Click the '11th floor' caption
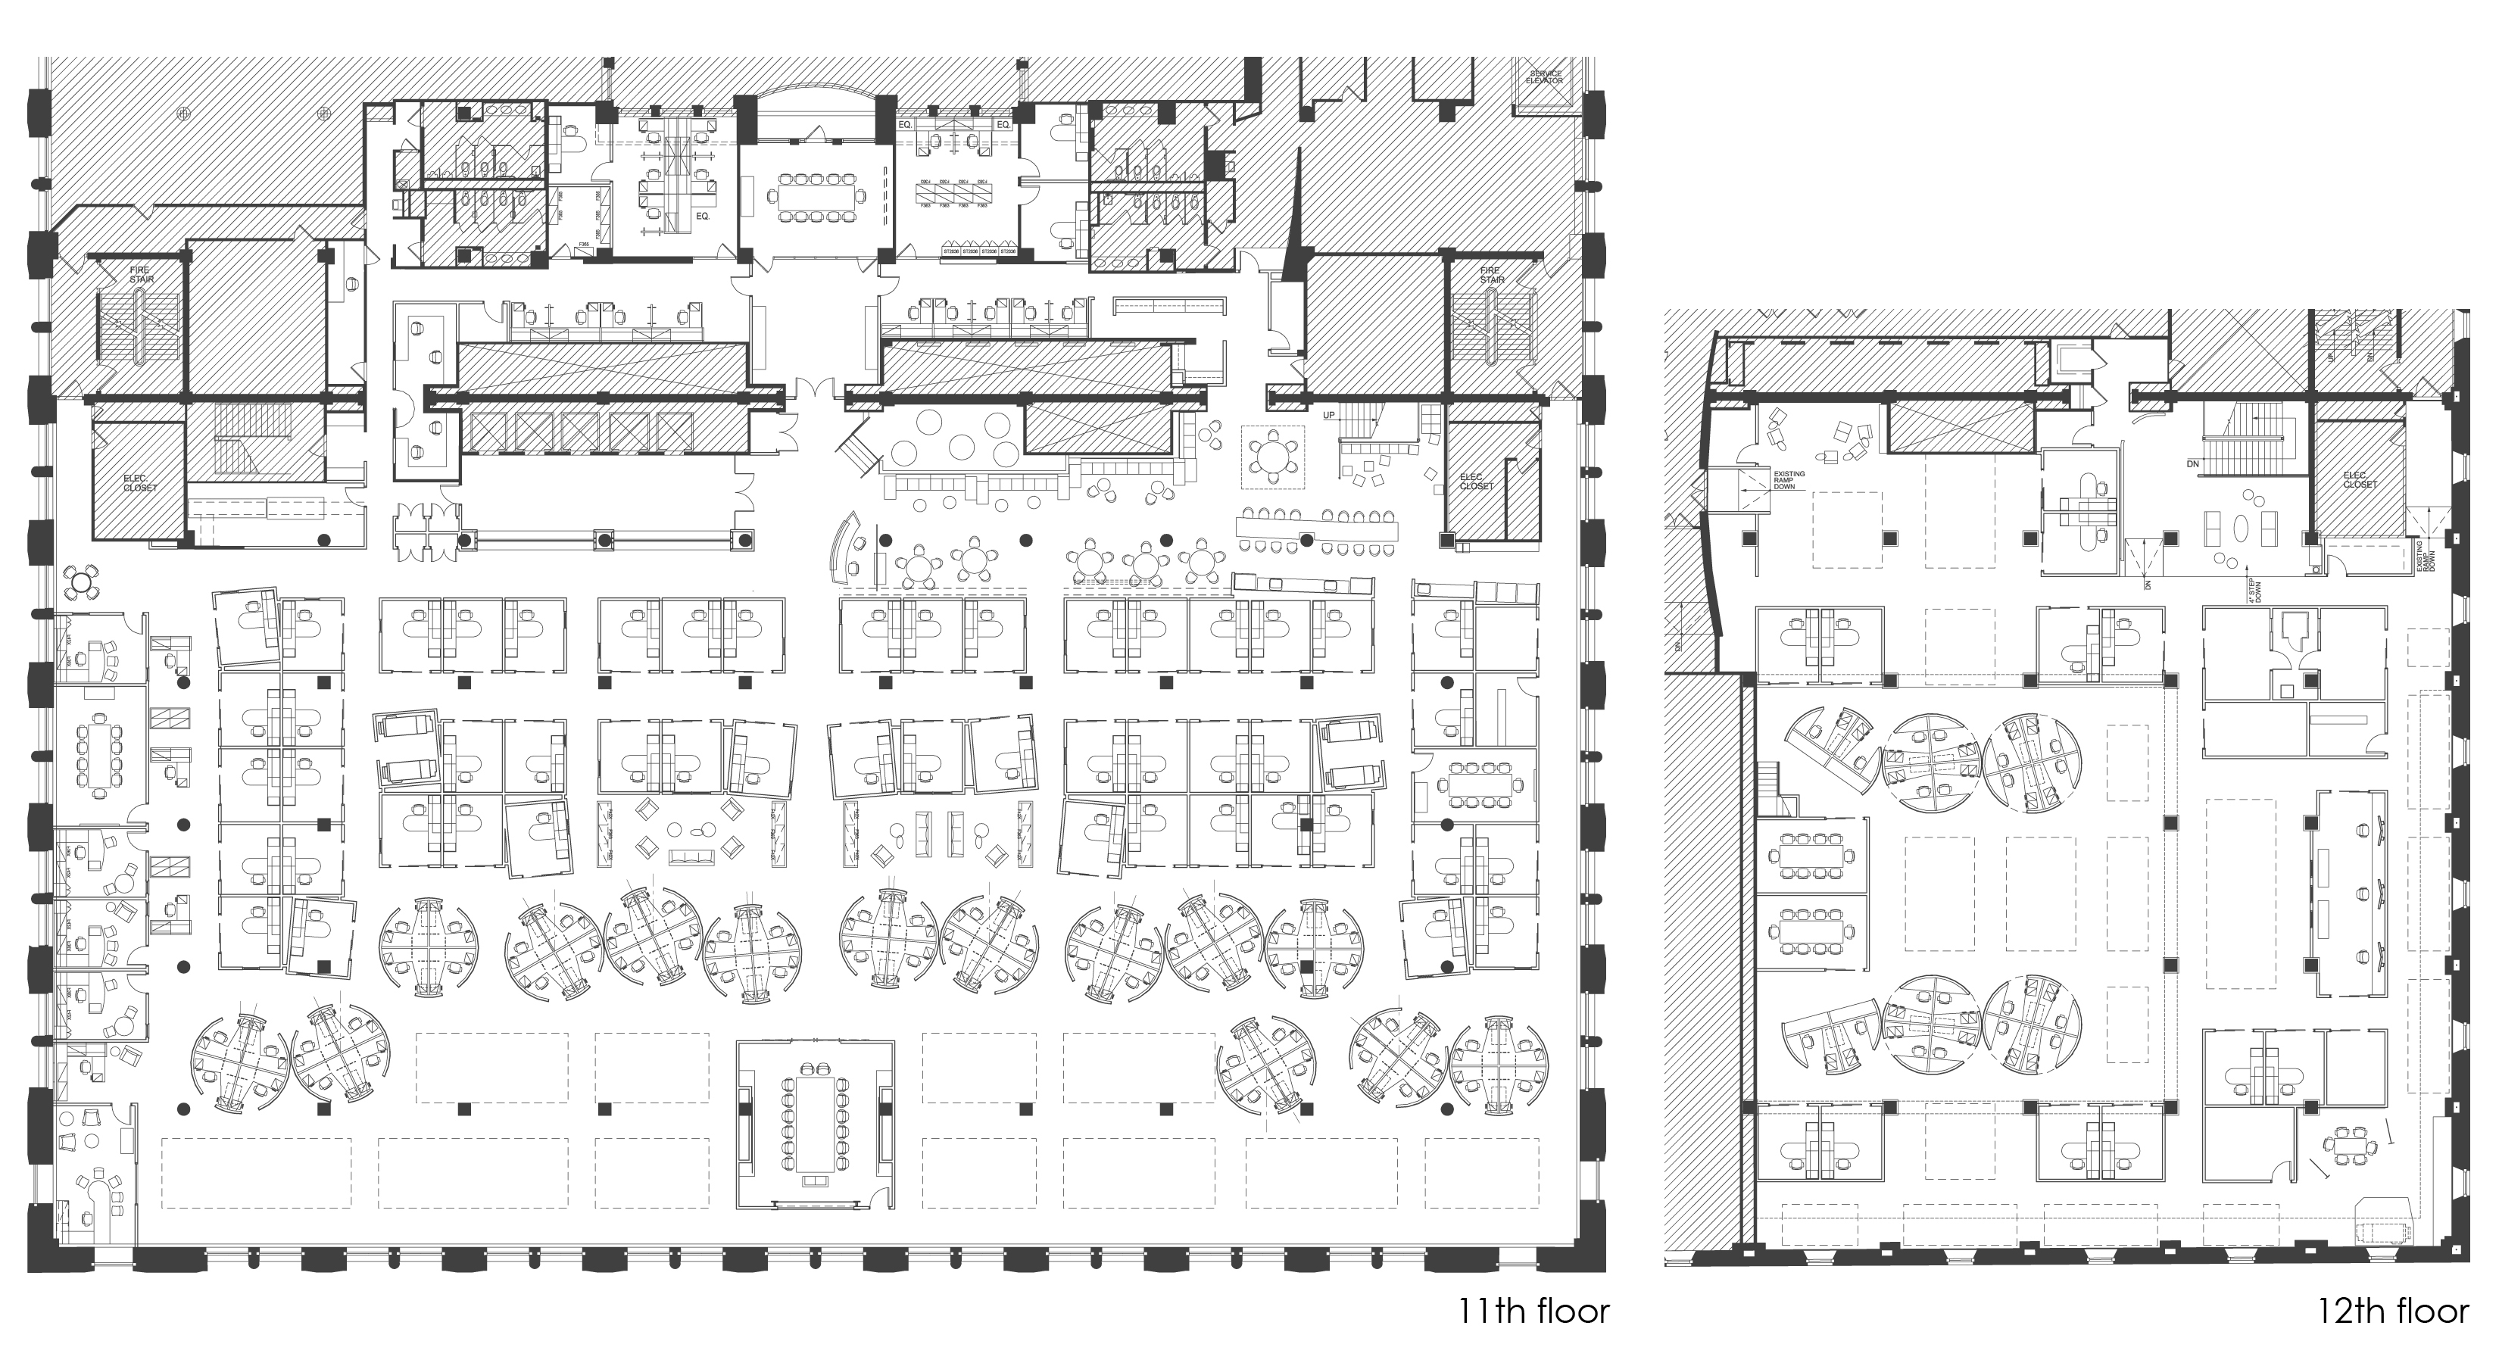1533,1312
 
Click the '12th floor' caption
2392,1312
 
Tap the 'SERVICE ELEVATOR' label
1546,76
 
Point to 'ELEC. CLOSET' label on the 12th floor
2360,479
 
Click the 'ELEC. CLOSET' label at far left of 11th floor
139,482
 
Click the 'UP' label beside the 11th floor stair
1329,414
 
